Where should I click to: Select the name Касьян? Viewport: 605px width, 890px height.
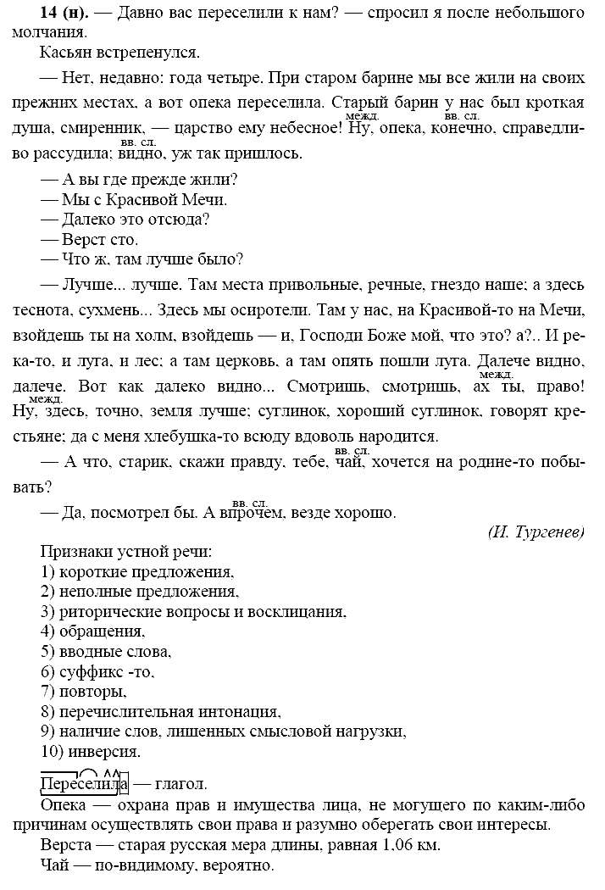point(66,53)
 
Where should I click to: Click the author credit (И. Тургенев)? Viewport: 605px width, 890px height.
point(536,531)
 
